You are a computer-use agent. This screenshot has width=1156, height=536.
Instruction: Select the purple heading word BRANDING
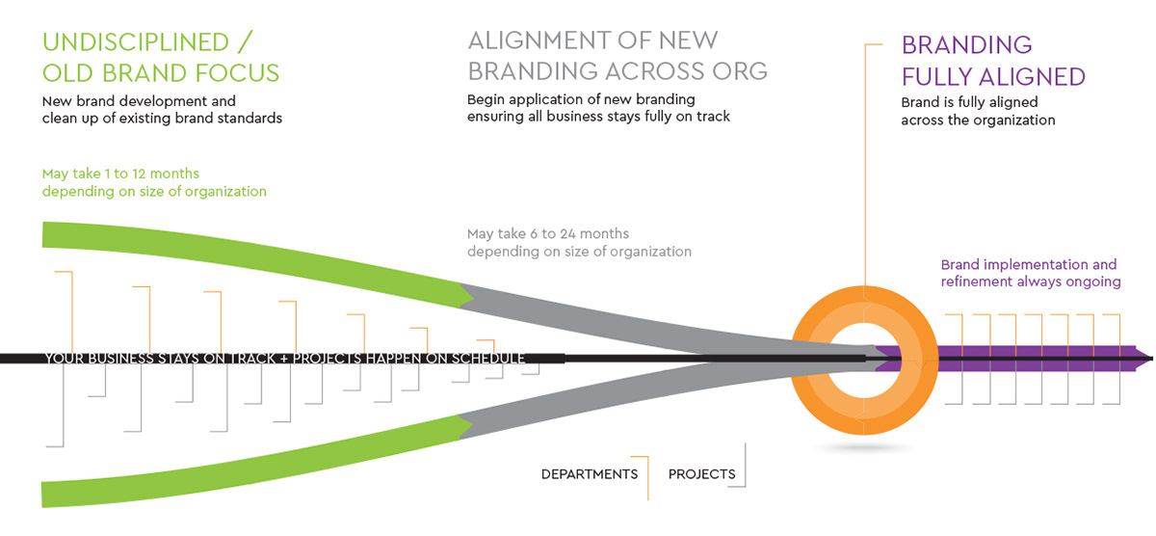coord(966,44)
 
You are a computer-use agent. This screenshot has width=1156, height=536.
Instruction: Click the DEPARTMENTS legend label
coord(589,474)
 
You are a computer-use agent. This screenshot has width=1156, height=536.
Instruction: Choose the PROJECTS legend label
coord(701,474)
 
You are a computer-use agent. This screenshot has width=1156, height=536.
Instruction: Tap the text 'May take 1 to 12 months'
coord(120,174)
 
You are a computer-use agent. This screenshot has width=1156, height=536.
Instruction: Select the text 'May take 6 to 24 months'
coord(547,234)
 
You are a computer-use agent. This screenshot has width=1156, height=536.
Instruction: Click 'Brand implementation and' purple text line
coord(1028,265)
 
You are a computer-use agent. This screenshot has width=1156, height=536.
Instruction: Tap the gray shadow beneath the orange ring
coord(864,447)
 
